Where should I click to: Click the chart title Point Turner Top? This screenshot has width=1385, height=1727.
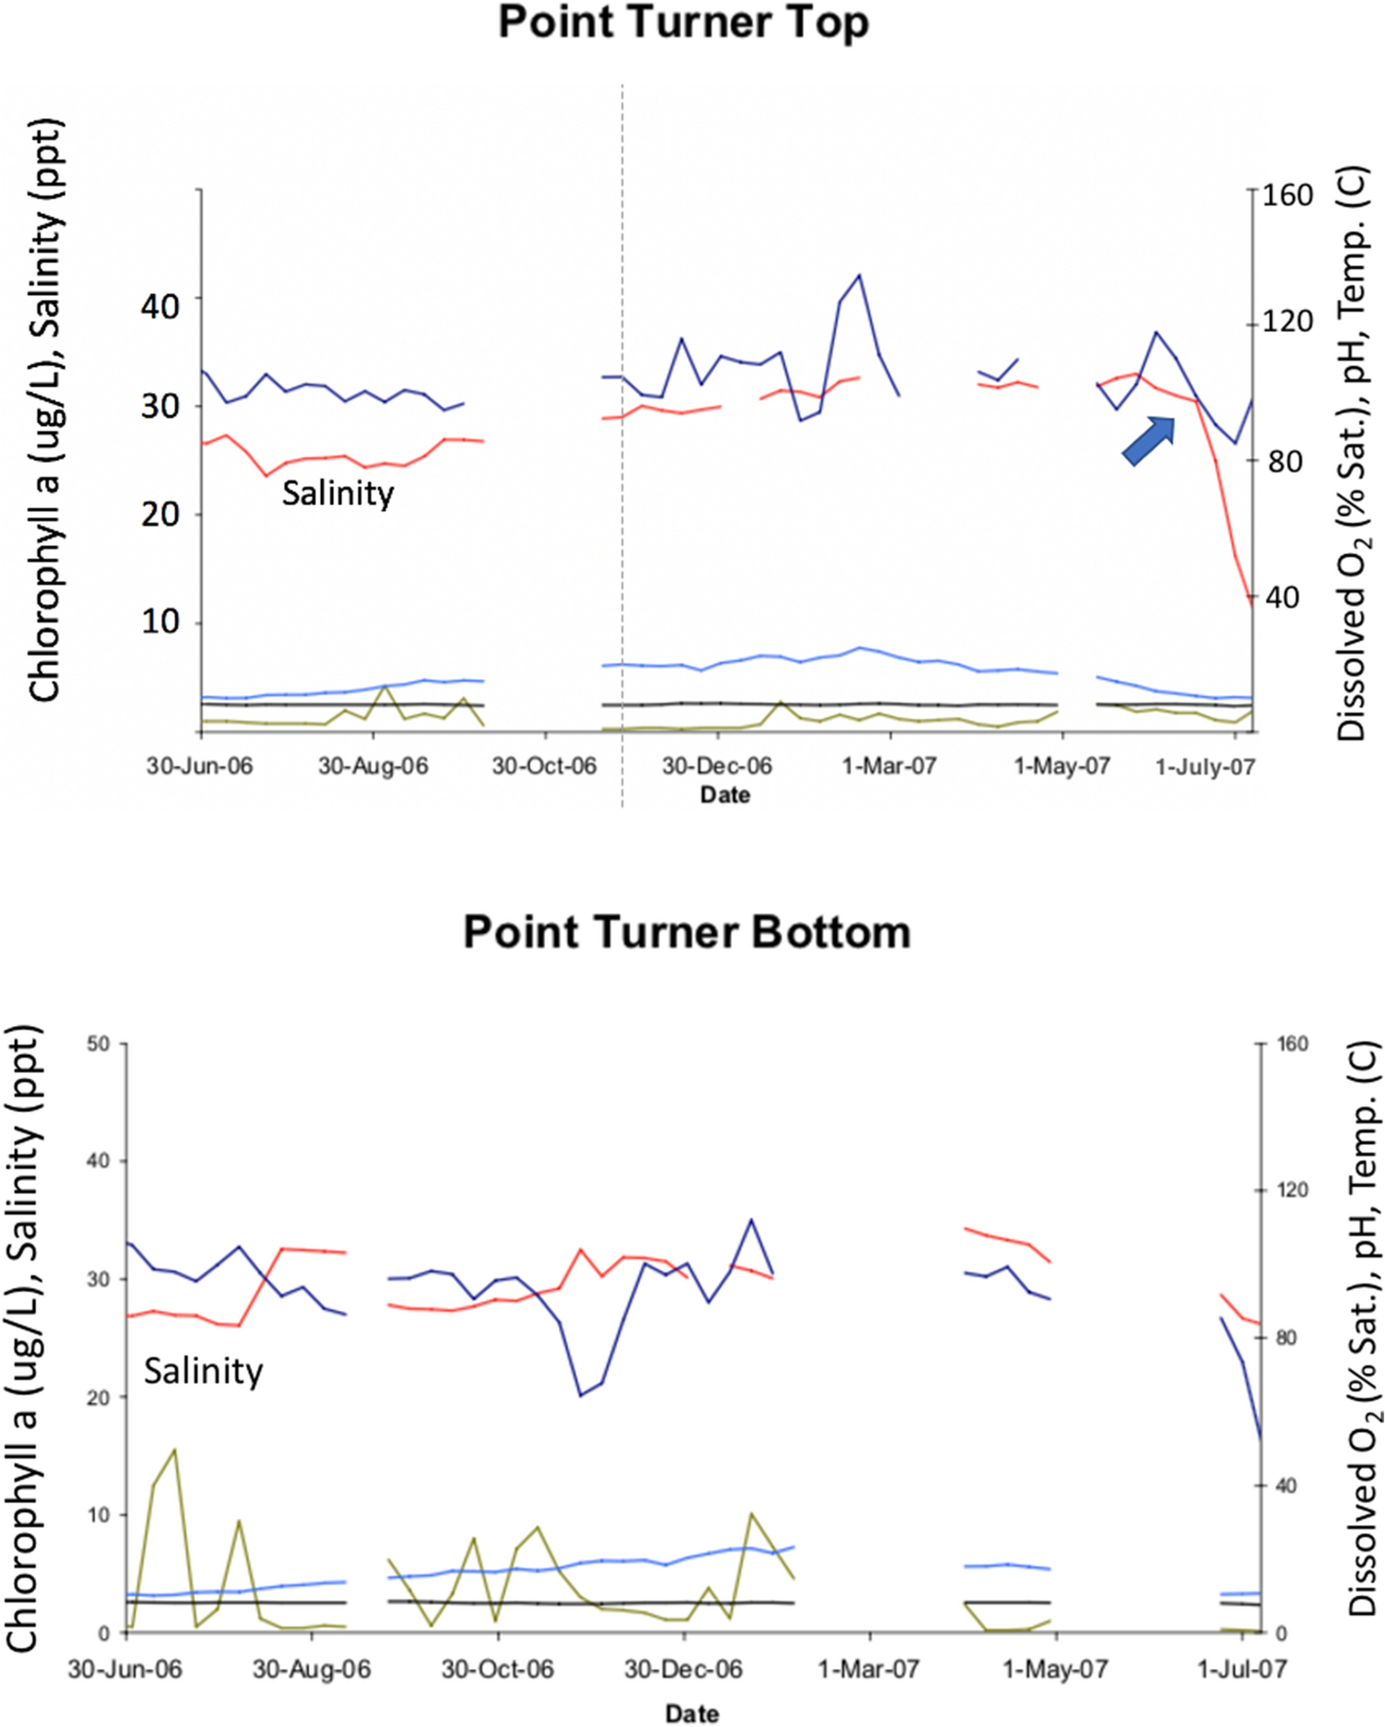(683, 22)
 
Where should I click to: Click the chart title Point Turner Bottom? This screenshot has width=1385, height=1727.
(687, 932)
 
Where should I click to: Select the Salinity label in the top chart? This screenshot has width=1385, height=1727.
(337, 493)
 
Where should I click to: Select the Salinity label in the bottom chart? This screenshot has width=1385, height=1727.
(203, 1371)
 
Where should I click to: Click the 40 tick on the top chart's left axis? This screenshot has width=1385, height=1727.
(160, 305)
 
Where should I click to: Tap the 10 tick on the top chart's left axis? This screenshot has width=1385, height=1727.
(160, 622)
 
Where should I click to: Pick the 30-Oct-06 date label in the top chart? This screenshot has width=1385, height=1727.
(544, 766)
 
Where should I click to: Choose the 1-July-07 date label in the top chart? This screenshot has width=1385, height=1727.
(1205, 767)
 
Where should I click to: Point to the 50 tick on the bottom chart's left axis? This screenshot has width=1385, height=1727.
(99, 1044)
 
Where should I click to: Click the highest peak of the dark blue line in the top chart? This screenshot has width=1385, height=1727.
(859, 275)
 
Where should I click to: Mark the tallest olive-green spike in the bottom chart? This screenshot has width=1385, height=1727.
(174, 1450)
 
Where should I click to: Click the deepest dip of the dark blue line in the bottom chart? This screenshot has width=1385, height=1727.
(581, 1396)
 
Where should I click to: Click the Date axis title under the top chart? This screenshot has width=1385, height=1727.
(725, 795)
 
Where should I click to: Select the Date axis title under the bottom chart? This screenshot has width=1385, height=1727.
(692, 1713)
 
